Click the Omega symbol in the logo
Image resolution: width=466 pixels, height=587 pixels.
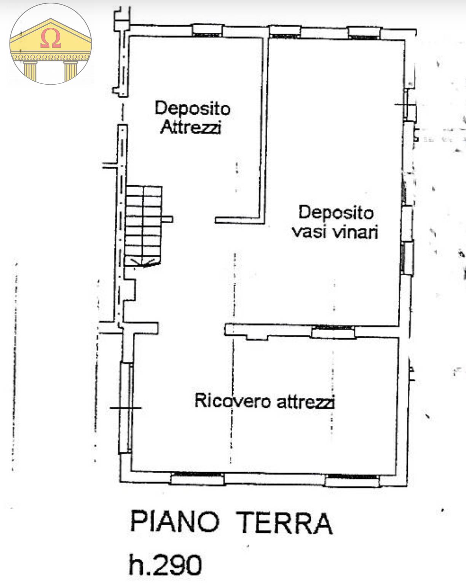pyautogui.click(x=50, y=39)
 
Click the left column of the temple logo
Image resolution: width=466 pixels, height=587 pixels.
pyautogui.click(x=30, y=71)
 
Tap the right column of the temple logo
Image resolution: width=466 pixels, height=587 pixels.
pyautogui.click(x=70, y=71)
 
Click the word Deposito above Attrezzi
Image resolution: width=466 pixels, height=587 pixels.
pyautogui.click(x=192, y=108)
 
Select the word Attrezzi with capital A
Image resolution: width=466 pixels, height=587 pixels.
pyautogui.click(x=190, y=127)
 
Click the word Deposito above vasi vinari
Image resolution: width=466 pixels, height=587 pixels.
pyautogui.click(x=335, y=212)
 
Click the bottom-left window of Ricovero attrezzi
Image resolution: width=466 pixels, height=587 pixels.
pyautogui.click(x=196, y=478)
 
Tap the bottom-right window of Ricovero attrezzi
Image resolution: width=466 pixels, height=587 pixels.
pyautogui.click(x=352, y=481)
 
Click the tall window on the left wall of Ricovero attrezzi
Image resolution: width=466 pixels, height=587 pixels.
pyautogui.click(x=125, y=407)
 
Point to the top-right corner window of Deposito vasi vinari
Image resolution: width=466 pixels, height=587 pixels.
pyautogui.click(x=364, y=33)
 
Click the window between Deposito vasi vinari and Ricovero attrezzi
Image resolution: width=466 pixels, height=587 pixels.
pyautogui.click(x=334, y=332)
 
